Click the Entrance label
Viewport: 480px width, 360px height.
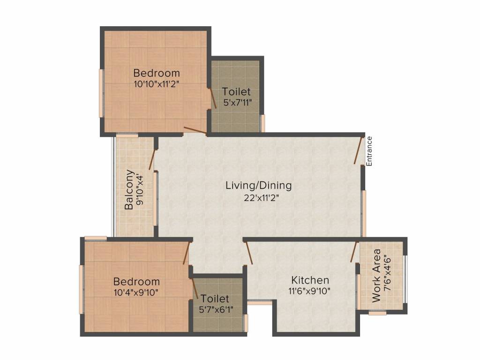(369, 151)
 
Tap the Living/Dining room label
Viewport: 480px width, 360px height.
(259, 186)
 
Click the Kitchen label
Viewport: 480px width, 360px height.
(310, 280)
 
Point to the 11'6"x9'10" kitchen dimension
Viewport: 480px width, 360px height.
(309, 291)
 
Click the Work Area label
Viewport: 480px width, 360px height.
(376, 276)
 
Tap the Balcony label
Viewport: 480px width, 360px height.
(129, 189)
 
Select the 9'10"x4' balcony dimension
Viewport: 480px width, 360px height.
(140, 190)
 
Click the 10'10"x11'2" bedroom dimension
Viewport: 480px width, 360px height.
(157, 84)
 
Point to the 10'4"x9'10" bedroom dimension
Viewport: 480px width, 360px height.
(136, 292)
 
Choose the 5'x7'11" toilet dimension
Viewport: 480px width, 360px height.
(238, 103)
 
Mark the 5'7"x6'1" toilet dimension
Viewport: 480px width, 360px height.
(216, 310)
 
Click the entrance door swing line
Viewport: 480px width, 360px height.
(359, 150)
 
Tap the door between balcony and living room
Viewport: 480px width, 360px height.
(153, 159)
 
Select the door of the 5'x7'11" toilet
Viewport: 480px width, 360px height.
(212, 98)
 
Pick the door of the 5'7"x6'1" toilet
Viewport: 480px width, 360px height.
(194, 289)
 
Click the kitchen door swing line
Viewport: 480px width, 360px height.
(249, 253)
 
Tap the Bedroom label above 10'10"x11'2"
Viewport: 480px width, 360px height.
(157, 73)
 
